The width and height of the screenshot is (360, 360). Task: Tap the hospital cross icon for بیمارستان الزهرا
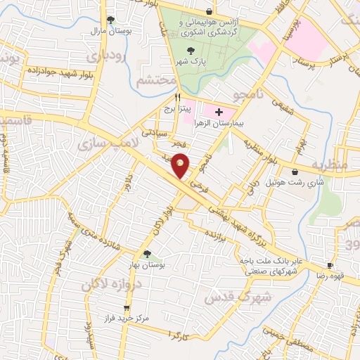[218, 112]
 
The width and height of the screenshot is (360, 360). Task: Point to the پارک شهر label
[193, 61]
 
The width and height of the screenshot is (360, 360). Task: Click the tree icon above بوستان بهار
[146, 255]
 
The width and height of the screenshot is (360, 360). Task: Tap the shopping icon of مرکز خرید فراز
[127, 308]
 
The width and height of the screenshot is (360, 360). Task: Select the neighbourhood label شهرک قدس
[229, 296]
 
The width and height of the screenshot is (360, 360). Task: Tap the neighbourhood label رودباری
[106, 53]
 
